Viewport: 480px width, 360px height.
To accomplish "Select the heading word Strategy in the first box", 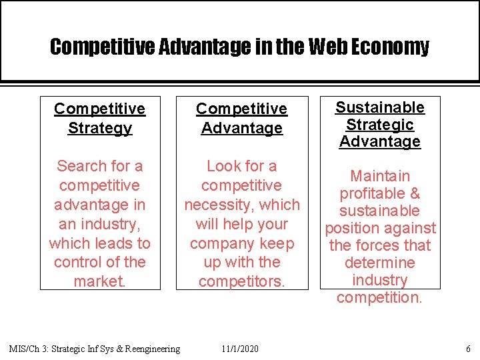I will (100, 128).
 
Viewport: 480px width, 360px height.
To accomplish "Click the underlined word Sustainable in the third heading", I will (379, 107).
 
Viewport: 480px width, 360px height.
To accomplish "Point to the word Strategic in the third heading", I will (380, 125).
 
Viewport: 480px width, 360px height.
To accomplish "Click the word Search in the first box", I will (81, 166).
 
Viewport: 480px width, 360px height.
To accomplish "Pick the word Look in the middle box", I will (224, 166).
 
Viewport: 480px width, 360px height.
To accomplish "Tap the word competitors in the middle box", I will (241, 282).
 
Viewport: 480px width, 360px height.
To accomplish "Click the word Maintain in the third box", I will (380, 177).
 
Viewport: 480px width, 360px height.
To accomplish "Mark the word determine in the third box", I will (380, 263).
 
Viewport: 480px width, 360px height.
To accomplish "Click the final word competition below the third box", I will (379, 298).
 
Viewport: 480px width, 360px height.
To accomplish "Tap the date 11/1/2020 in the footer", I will (241, 349).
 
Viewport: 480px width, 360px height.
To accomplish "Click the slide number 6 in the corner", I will (469, 349).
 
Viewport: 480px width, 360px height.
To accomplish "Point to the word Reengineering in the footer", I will (147, 349).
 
